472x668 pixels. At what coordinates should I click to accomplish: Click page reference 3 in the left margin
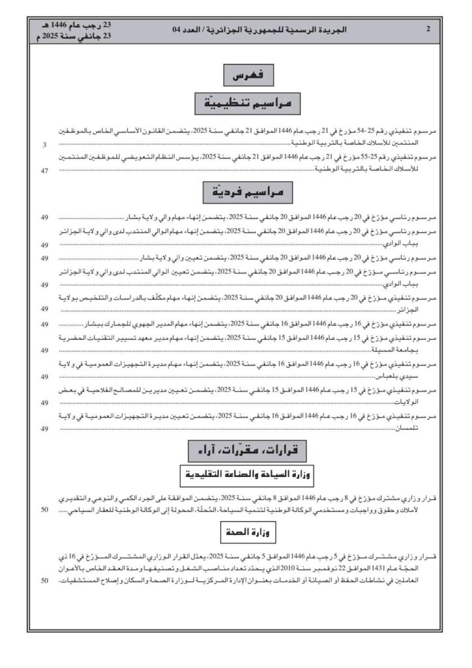pos(44,144)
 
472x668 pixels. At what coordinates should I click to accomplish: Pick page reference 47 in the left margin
pos(44,171)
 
